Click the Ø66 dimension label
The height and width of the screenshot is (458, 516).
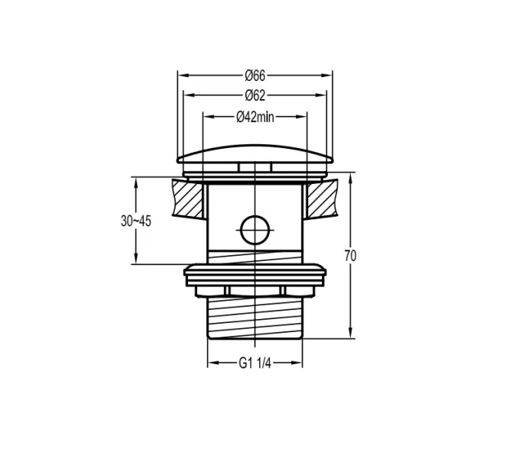pyautogui.click(x=255, y=76)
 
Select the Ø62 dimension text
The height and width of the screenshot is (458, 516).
pyautogui.click(x=255, y=95)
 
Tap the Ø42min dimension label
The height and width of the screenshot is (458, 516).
pyautogui.click(x=255, y=117)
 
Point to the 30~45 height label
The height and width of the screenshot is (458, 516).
pyautogui.click(x=135, y=221)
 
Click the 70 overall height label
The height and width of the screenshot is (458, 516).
pyautogui.click(x=350, y=256)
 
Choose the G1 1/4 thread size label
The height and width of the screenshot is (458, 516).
pyautogui.click(x=255, y=363)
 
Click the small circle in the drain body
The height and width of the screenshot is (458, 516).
pyautogui.click(x=255, y=230)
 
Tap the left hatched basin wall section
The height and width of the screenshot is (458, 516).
pyautogui.click(x=188, y=198)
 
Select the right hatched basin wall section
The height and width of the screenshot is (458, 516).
pyautogui.click(x=322, y=198)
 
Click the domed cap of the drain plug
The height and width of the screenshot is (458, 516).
pyautogui.click(x=255, y=153)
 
